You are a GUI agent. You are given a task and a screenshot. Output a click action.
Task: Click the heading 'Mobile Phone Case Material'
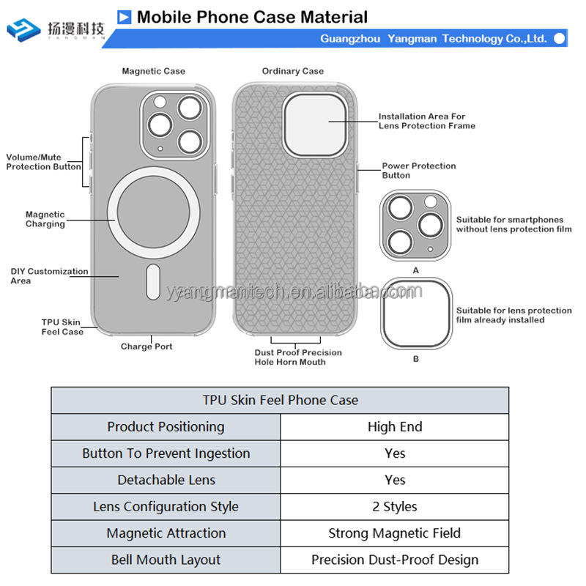252,17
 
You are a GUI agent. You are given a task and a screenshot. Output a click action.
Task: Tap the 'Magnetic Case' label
153,71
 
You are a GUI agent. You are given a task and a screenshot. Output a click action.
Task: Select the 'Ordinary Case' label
292,71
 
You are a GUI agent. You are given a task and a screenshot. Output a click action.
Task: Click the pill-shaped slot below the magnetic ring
153,281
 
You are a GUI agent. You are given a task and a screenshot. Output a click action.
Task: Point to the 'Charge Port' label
146,346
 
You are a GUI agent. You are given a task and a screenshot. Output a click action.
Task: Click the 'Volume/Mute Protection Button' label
44,162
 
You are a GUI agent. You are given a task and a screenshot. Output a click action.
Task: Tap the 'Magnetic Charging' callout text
45,219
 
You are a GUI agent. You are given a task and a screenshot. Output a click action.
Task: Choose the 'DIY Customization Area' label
49,276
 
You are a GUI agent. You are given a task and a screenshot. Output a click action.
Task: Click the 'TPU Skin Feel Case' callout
62,327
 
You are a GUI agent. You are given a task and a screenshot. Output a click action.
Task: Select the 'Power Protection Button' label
419,171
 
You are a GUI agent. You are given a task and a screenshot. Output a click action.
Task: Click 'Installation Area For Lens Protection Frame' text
426,121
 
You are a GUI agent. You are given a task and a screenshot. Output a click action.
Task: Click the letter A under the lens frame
416,270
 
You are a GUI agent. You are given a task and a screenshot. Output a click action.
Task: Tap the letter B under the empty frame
416,359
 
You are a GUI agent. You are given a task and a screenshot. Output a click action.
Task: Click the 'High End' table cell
395,427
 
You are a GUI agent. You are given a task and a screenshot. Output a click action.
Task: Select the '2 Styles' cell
395,507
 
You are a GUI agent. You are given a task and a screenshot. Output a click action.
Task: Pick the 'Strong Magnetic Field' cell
395,533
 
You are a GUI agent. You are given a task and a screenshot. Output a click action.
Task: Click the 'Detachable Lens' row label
166,480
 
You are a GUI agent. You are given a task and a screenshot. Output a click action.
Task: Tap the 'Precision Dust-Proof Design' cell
395,560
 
